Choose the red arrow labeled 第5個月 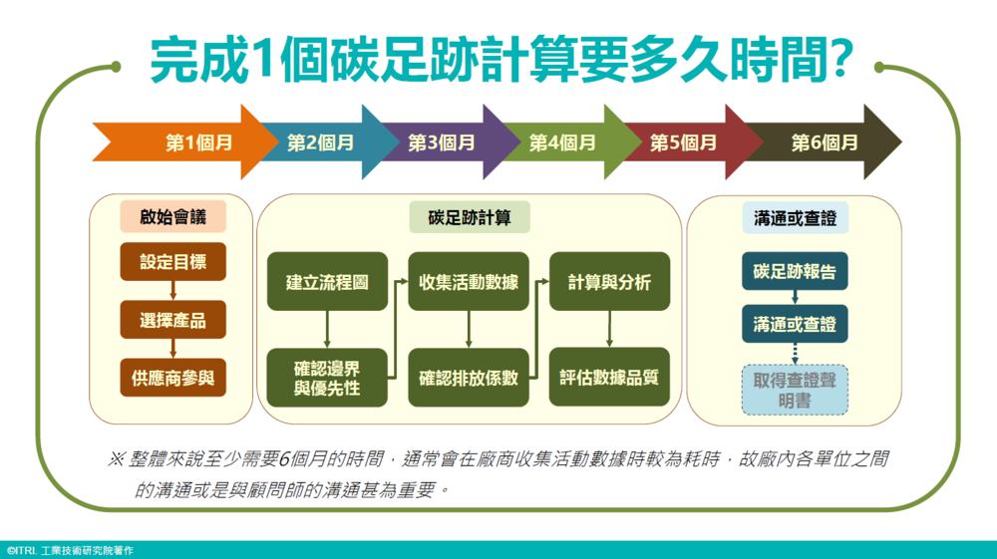coord(684,142)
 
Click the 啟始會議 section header coord(170,217)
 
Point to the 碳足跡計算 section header coord(469,217)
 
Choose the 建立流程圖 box coord(327,282)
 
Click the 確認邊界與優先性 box coord(327,378)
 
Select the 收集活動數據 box coord(469,282)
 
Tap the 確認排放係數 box coord(469,378)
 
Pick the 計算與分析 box coord(609,282)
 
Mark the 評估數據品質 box coord(609,378)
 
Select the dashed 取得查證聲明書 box coord(795,390)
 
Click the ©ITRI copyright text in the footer coord(70,550)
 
